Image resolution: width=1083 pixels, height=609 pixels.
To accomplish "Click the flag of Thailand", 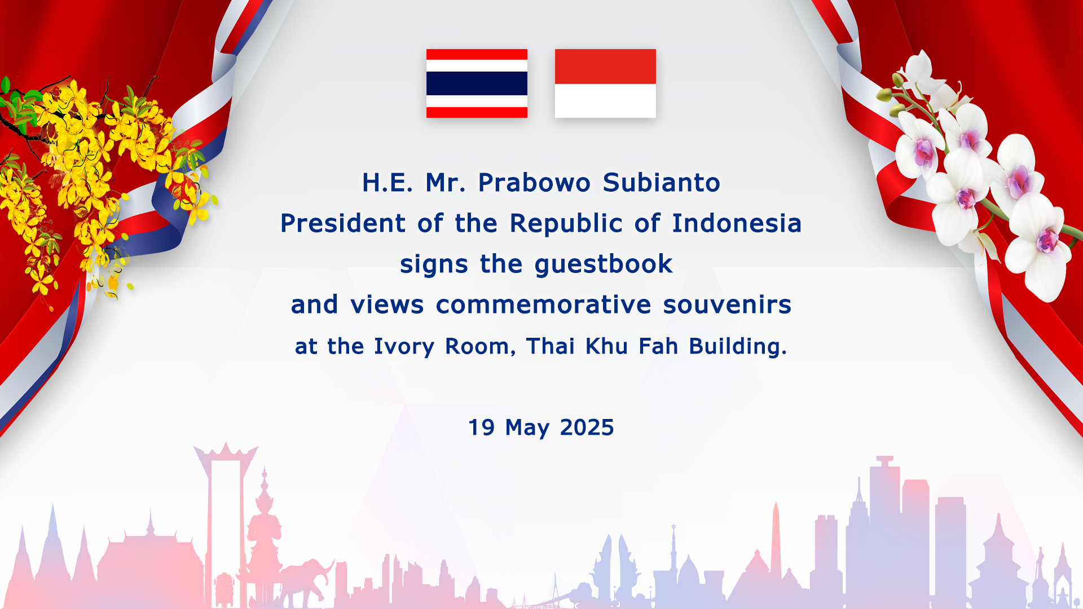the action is click(x=477, y=83).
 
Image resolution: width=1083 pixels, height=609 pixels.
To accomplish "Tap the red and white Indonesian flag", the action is click(x=605, y=83).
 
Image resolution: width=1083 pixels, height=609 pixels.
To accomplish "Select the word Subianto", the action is click(x=662, y=183).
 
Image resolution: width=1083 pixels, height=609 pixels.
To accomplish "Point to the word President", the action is click(x=343, y=223).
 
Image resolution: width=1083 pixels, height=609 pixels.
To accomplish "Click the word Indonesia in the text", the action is click(x=737, y=223).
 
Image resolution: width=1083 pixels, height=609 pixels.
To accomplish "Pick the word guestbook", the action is click(x=604, y=264).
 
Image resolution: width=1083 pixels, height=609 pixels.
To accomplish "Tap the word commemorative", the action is click(x=543, y=304).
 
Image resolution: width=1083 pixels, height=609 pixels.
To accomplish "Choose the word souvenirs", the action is click(x=727, y=304).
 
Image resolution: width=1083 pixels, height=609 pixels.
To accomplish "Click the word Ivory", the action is click(x=404, y=346).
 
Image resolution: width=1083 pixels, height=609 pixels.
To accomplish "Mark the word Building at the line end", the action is click(x=738, y=346).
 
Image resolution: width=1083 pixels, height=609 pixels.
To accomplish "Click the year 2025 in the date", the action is click(x=587, y=427).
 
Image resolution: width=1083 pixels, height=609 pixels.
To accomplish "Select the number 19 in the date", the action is click(x=482, y=427).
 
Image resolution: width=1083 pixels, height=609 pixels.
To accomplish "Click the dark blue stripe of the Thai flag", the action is click(x=477, y=83).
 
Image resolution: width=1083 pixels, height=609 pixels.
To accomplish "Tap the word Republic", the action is click(x=566, y=223).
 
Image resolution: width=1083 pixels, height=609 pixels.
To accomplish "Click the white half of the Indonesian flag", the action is click(x=605, y=101).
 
